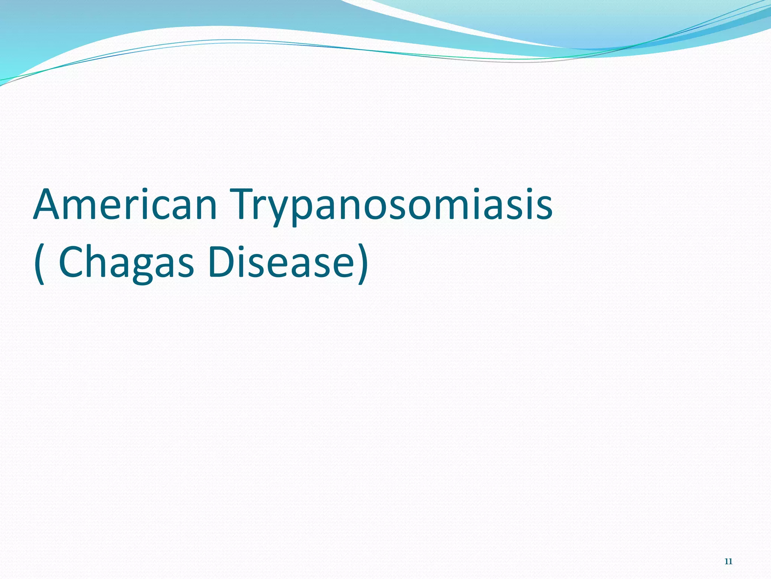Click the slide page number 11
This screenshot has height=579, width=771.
[728, 561]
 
